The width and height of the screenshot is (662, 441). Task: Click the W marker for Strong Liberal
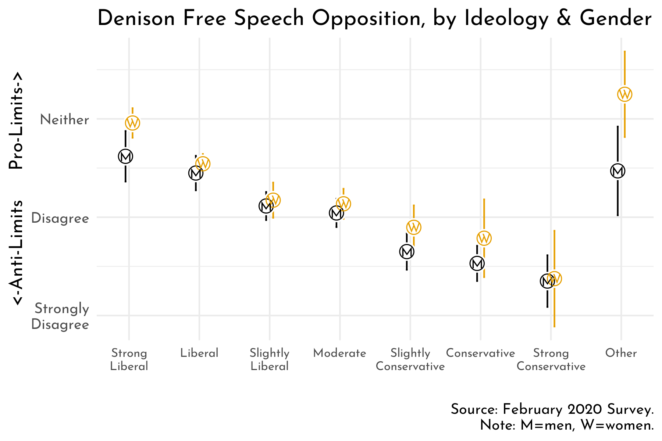click(x=133, y=123)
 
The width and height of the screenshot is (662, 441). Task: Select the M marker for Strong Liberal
click(x=125, y=156)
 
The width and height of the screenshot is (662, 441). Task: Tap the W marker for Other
click(x=624, y=94)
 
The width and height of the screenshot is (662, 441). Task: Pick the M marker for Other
click(x=617, y=171)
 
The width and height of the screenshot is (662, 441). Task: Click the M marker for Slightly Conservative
click(x=407, y=252)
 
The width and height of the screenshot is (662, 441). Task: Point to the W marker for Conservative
click(x=484, y=238)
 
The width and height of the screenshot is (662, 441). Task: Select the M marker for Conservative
click(x=477, y=263)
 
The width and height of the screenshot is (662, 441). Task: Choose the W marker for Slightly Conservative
click(x=414, y=227)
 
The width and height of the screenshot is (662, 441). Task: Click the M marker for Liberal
click(x=196, y=173)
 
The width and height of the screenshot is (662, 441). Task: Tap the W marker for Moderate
click(x=344, y=203)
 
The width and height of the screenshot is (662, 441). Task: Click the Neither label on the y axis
click(x=65, y=120)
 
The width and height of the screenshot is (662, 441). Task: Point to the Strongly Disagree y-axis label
click(x=61, y=316)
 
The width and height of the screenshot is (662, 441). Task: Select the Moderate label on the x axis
click(x=339, y=353)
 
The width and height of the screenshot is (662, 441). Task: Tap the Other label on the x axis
click(x=621, y=353)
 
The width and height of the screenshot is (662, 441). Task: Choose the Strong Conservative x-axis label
click(x=551, y=360)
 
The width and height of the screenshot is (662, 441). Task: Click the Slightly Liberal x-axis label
click(x=270, y=360)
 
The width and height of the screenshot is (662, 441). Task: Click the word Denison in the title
click(x=136, y=19)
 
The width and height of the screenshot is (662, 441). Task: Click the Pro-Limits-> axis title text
click(x=17, y=121)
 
